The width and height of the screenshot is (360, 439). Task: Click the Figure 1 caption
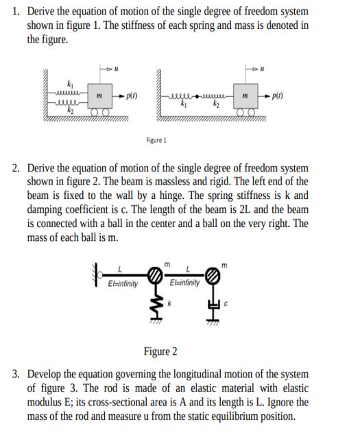pyautogui.click(x=156, y=140)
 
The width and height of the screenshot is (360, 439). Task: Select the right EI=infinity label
pyautogui.click(x=184, y=283)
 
